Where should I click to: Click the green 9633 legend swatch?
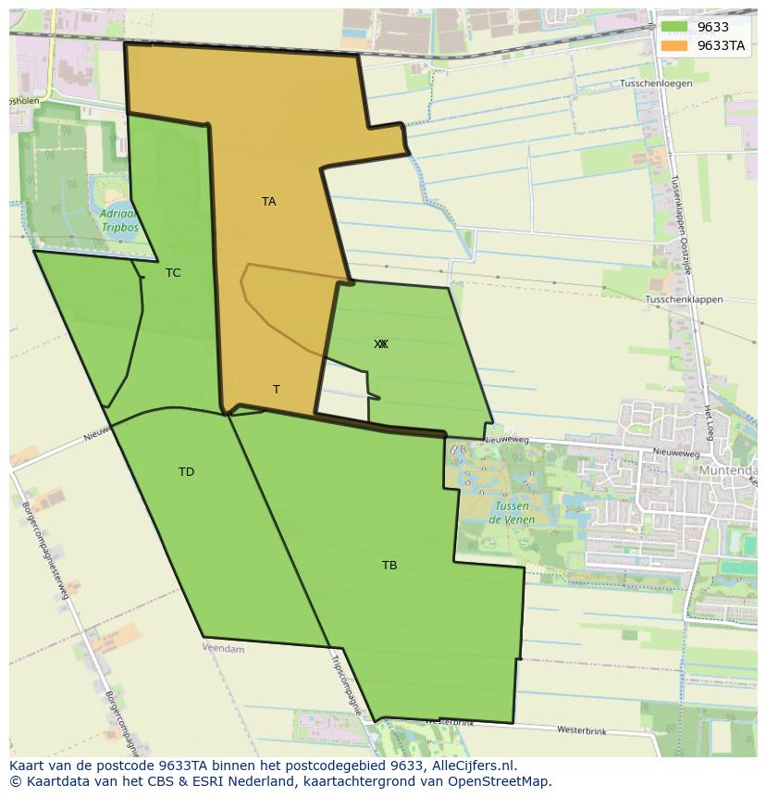pyautogui.click(x=673, y=28)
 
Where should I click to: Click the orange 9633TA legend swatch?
pyautogui.click(x=673, y=45)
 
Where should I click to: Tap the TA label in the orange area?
pyautogui.click(x=268, y=202)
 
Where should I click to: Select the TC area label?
pyautogui.click(x=173, y=273)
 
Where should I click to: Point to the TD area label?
pyautogui.click(x=186, y=472)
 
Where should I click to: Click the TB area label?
pyautogui.click(x=389, y=566)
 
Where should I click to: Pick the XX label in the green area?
pyautogui.click(x=381, y=344)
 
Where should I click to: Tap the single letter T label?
pyautogui.click(x=276, y=390)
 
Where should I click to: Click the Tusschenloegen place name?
pyautogui.click(x=656, y=83)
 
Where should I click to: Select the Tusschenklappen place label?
pyautogui.click(x=684, y=300)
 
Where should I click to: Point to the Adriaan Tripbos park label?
pyautogui.click(x=117, y=219)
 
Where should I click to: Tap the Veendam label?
pyautogui.click(x=223, y=649)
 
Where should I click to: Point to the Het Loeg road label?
pyautogui.click(x=708, y=421)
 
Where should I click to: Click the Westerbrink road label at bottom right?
pyautogui.click(x=581, y=730)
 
